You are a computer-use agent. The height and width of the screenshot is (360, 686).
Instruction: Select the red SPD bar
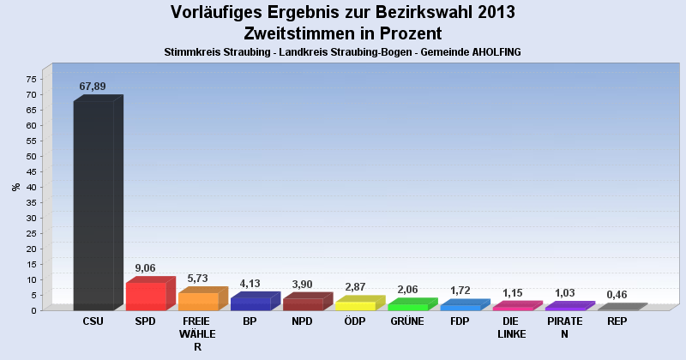146,296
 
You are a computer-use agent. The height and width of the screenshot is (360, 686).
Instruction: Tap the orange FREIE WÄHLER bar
198,301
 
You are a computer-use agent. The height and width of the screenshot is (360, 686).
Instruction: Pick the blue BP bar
250,303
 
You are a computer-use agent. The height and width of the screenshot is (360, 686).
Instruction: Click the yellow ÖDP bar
355,305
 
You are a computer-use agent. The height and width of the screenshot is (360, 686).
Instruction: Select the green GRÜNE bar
407,306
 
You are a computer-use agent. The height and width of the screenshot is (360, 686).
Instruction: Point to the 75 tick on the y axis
30,79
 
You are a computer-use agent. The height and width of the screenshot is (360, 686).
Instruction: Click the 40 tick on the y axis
30,187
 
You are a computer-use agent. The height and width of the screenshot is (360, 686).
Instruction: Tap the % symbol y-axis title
15,186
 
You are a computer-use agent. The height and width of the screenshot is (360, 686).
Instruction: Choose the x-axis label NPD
302,321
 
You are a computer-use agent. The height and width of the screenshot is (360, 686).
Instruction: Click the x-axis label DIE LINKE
512,327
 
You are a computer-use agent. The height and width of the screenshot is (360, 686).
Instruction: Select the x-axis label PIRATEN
564,327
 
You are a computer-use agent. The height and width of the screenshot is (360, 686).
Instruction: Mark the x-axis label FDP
460,321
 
